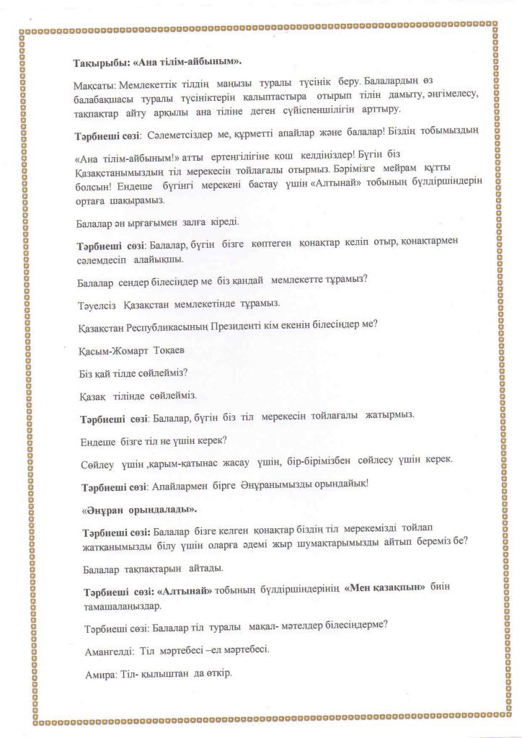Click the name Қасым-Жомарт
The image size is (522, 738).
[x=112, y=349]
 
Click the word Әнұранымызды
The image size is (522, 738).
[x=233, y=484]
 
